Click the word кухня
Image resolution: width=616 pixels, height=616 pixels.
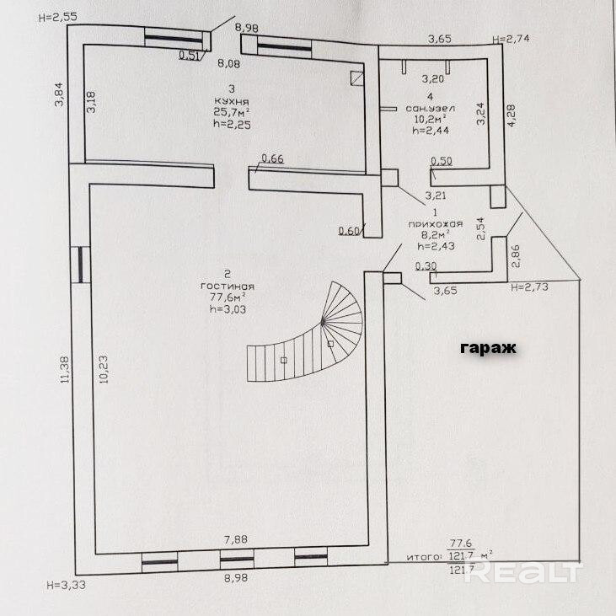[x=232, y=101]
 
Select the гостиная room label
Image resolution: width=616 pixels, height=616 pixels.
[x=228, y=287]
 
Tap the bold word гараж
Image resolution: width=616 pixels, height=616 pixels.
[x=488, y=348]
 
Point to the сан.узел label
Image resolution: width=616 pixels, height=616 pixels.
[x=430, y=109]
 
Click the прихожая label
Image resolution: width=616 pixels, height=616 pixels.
[x=436, y=224]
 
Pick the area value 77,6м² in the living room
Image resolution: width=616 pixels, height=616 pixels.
[x=228, y=297]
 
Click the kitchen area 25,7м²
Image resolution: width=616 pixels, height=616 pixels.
[x=232, y=112]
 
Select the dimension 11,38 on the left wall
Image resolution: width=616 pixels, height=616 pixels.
[x=65, y=370]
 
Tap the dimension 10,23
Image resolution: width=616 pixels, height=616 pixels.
[x=104, y=370]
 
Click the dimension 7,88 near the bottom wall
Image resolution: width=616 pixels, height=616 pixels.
[x=235, y=539]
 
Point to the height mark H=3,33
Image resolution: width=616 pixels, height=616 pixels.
[x=66, y=585]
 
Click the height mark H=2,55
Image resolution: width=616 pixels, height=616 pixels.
[x=58, y=18]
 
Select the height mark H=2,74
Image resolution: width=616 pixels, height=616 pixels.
[x=512, y=39]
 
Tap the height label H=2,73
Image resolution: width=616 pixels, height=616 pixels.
[x=529, y=287]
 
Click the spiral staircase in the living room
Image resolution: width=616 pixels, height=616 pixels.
[x=305, y=332]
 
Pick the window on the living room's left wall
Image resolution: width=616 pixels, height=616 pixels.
[x=81, y=265]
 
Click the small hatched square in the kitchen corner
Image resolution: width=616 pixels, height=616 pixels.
[x=356, y=78]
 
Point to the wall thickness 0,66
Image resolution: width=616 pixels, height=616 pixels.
[x=272, y=158]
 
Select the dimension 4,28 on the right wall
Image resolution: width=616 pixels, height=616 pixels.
[x=512, y=115]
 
